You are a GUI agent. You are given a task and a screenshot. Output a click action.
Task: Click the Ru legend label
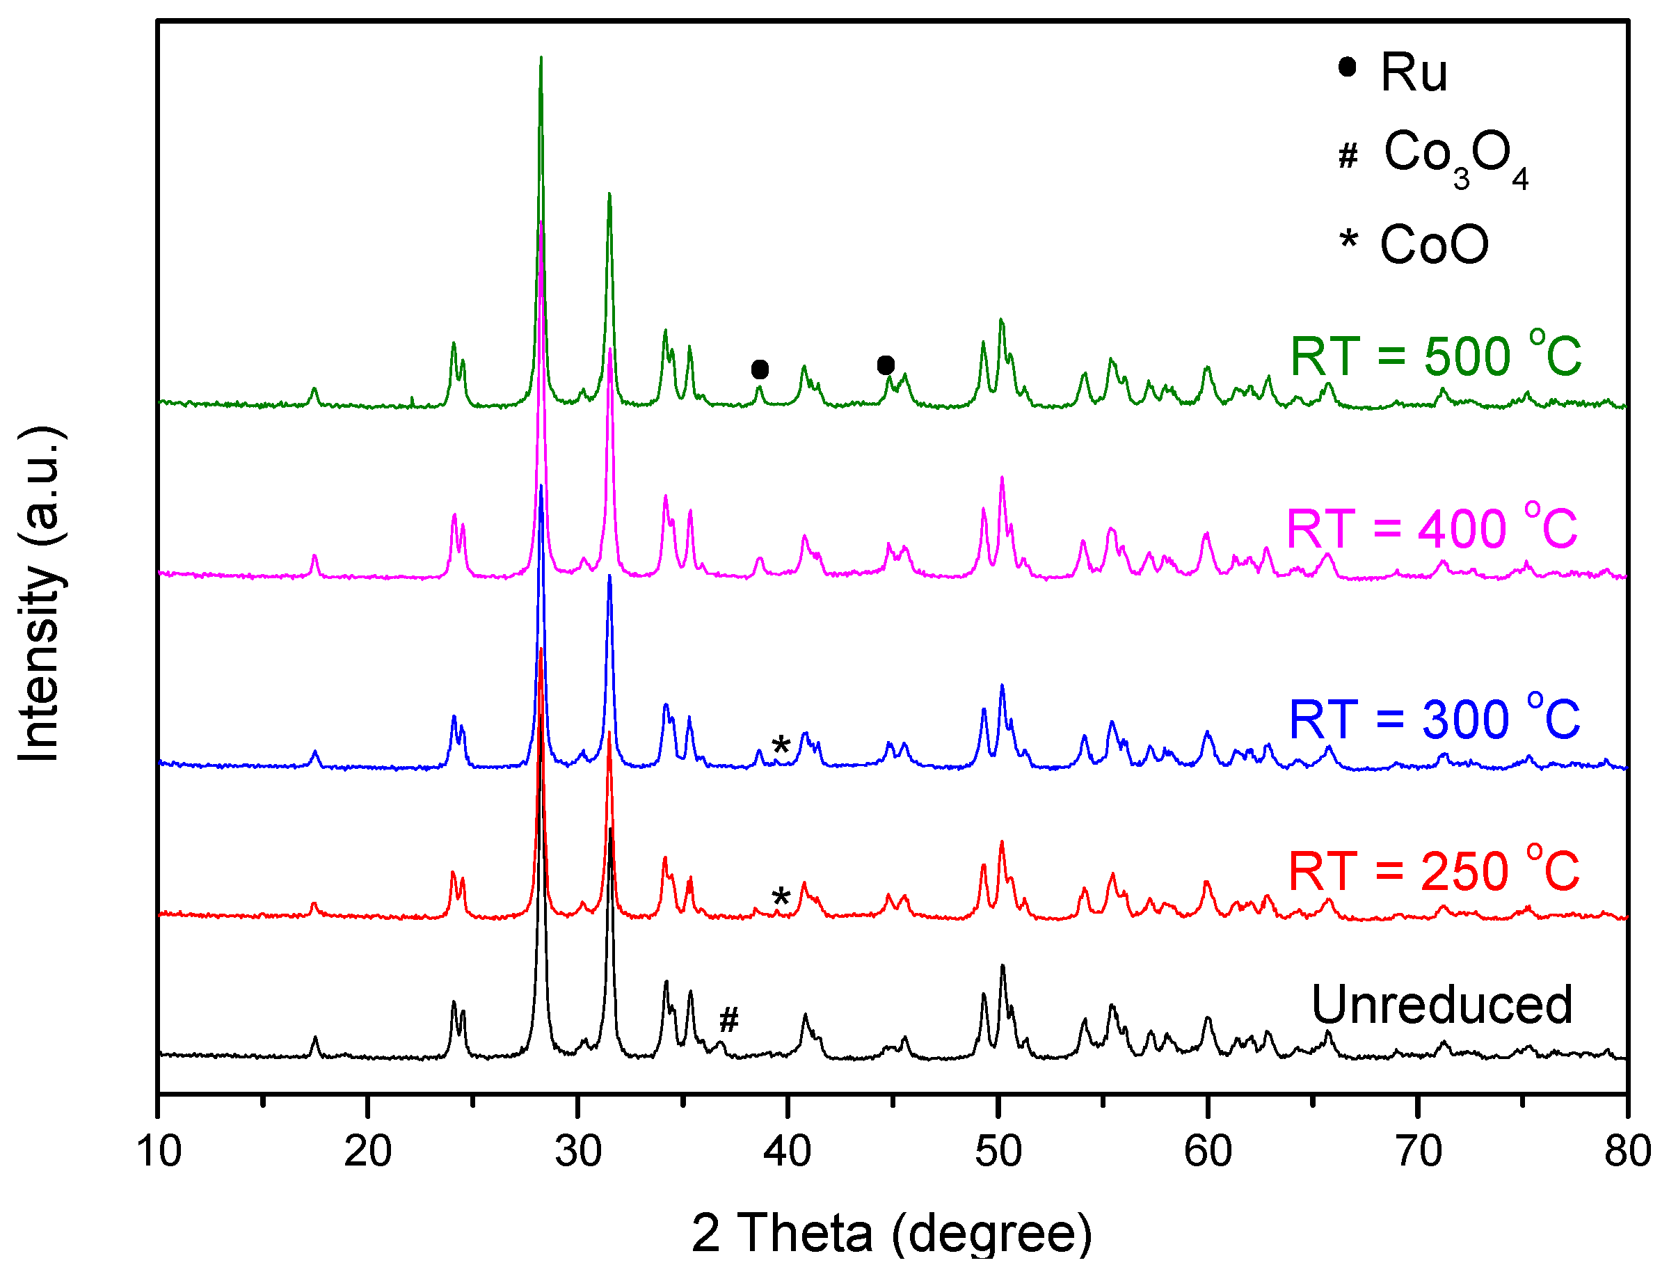[x=1412, y=74]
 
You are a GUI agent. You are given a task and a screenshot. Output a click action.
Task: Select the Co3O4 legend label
[x=1454, y=155]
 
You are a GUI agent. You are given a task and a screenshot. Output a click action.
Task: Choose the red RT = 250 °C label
[x=1433, y=870]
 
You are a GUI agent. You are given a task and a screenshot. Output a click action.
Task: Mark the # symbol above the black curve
[x=728, y=1020]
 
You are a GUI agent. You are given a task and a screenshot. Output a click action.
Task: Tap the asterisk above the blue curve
[x=781, y=747]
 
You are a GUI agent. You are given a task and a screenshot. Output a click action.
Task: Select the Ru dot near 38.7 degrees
[x=760, y=369]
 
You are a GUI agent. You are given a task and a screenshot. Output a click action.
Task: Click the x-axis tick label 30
[x=578, y=1151]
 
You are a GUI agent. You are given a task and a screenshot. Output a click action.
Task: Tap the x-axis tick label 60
[x=1207, y=1151]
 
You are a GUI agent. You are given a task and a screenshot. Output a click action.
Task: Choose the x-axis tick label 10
[x=159, y=1151]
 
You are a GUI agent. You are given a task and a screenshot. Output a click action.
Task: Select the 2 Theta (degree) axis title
[x=892, y=1232]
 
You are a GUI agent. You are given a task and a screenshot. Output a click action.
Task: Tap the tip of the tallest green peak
[x=541, y=58]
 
